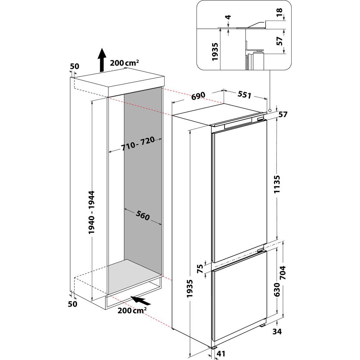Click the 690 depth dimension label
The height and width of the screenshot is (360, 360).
(198, 96)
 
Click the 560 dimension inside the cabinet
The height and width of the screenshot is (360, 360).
(143, 215)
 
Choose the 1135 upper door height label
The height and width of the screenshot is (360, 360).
(277, 185)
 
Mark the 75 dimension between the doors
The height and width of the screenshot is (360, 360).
(200, 269)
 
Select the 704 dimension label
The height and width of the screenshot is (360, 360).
(283, 274)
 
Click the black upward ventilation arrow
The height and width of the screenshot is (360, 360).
(102, 60)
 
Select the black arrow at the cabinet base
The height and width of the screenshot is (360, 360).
(141, 300)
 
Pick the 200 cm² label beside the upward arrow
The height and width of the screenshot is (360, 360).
(125, 63)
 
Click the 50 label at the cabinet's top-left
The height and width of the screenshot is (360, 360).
(74, 66)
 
